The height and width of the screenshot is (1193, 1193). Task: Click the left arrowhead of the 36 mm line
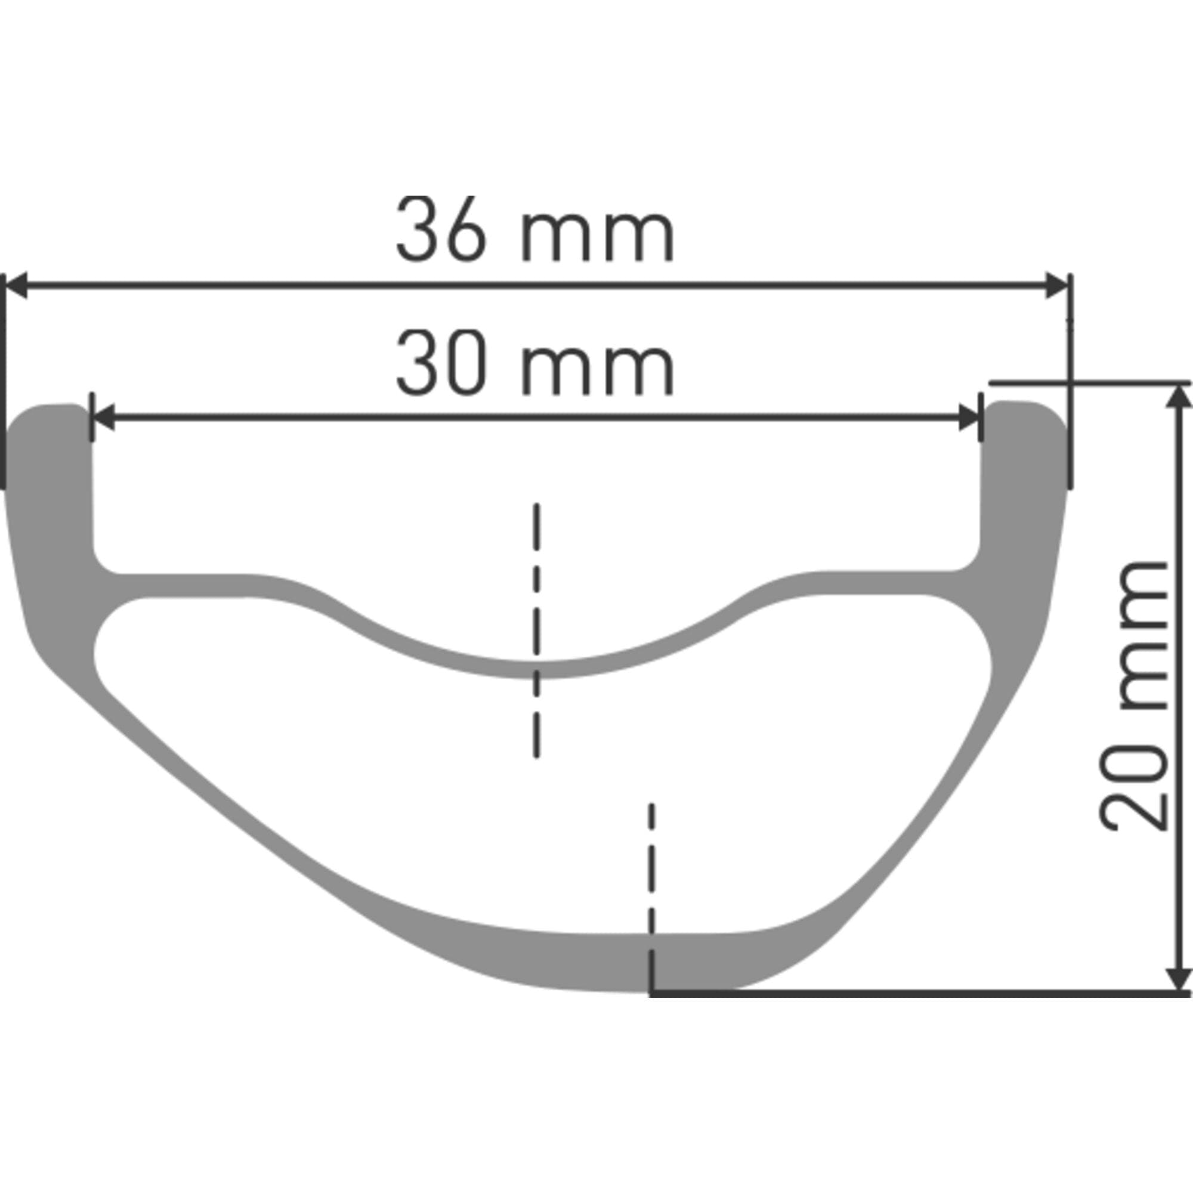pyautogui.click(x=16, y=286)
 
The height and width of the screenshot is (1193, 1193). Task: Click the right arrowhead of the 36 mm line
pyautogui.click(x=1056, y=286)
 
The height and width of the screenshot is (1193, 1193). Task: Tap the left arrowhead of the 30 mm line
pyautogui.click(x=103, y=418)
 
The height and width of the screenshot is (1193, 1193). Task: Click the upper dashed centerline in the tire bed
pyautogui.click(x=537, y=630)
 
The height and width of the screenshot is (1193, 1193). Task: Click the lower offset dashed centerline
pyautogui.click(x=650, y=889)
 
